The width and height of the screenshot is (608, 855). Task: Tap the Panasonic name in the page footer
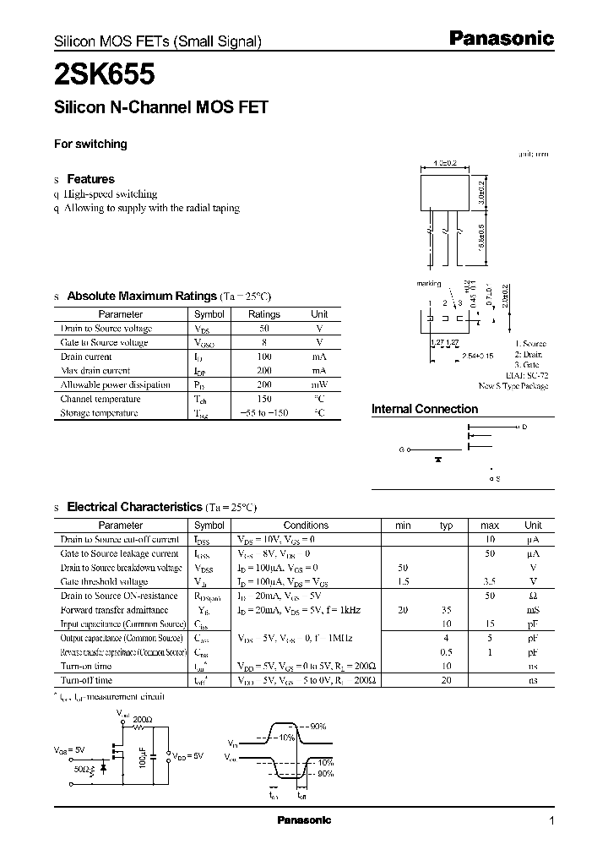coord(305,820)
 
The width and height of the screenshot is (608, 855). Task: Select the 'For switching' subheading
coord(90,144)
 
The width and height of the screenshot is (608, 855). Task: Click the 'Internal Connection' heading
coord(425,409)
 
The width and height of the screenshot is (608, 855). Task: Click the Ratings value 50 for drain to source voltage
coord(264,328)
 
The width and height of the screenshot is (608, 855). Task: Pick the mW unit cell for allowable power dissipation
coord(319,384)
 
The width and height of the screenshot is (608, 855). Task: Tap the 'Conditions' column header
coord(306,525)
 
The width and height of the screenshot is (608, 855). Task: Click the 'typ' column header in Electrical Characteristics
coord(446,525)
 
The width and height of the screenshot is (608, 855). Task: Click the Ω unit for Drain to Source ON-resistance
coord(533,596)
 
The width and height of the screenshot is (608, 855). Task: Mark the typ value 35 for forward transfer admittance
coord(446,610)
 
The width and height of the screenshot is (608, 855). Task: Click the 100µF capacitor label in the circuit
coord(144,755)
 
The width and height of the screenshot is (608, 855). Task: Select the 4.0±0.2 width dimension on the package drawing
coord(443,163)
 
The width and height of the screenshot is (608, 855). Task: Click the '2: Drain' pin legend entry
coord(530,355)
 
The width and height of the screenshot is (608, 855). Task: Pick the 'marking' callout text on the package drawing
coord(429,284)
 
